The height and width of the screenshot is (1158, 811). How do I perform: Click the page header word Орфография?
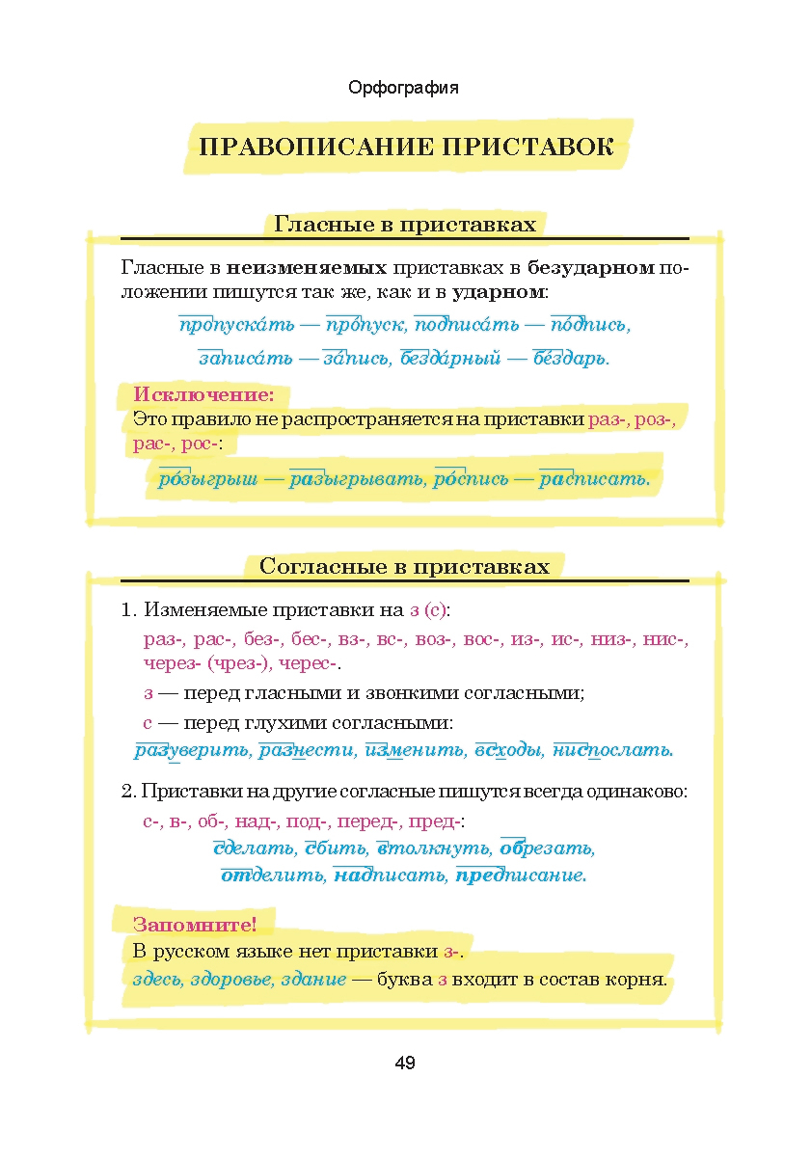tap(403, 88)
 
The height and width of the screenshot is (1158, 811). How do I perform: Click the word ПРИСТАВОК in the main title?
tap(527, 148)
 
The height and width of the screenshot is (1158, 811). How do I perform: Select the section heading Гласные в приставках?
tap(405, 225)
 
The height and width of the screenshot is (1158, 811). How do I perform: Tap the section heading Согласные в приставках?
tap(404, 566)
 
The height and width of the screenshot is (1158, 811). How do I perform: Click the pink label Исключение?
tap(203, 394)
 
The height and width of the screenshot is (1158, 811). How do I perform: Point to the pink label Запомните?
tap(195, 925)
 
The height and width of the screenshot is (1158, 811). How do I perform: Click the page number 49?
tap(405, 1064)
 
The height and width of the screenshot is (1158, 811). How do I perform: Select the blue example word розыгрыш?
tap(207, 479)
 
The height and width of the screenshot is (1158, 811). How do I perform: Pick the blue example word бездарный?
tap(450, 359)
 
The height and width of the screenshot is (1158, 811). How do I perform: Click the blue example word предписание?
tap(521, 875)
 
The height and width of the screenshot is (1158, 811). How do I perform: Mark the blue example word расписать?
tap(594, 479)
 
